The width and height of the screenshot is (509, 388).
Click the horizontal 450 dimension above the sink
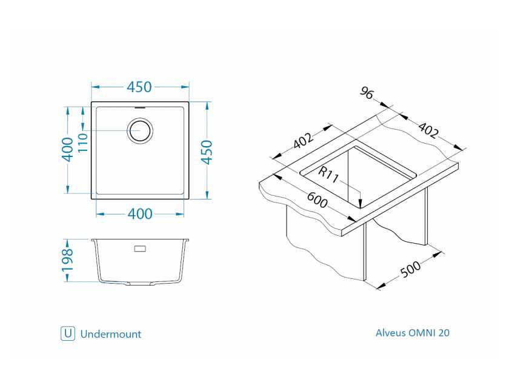click(x=139, y=87)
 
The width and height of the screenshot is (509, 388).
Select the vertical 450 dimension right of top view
click(x=207, y=152)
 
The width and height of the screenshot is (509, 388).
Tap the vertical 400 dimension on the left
click(x=67, y=149)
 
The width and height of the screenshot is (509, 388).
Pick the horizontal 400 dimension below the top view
click(x=140, y=213)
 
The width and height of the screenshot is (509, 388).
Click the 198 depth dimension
click(x=67, y=259)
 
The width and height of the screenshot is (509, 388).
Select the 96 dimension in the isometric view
click(x=367, y=93)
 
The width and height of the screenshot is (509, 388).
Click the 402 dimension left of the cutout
click(x=304, y=140)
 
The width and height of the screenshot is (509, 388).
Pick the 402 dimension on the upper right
click(x=428, y=130)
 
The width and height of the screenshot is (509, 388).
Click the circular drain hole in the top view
click(x=140, y=130)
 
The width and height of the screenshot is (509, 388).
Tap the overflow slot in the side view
click(x=140, y=248)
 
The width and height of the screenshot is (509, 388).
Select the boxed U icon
click(x=68, y=333)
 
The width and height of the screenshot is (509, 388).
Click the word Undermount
click(x=111, y=333)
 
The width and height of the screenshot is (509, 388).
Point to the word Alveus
click(x=390, y=333)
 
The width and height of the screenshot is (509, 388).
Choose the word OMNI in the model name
click(x=421, y=333)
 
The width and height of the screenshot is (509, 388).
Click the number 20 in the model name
click(x=444, y=333)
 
